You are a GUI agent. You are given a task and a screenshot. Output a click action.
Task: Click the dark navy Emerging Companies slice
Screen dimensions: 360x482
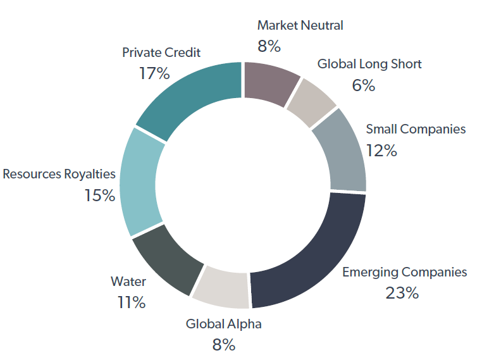coord(310,253)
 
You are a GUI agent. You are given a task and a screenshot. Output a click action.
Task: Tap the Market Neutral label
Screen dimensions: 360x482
coord(300,26)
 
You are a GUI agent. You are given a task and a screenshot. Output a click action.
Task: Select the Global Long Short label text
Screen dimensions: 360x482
coord(369,64)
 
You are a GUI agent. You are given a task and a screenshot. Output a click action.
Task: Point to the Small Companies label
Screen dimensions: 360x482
coord(416,129)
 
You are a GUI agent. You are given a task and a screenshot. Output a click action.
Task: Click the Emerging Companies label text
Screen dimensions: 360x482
coord(404,272)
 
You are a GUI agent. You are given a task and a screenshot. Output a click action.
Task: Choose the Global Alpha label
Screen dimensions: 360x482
coord(223,325)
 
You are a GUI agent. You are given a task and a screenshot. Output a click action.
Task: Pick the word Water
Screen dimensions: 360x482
coord(128,282)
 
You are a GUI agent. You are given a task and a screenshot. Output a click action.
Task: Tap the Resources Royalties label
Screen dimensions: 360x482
coord(59,173)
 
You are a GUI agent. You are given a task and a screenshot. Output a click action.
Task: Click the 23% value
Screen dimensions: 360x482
coord(402,293)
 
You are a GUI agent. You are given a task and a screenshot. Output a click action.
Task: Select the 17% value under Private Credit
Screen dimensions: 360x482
coord(154,73)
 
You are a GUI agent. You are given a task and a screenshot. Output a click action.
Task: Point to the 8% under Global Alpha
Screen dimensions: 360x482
coord(223,345)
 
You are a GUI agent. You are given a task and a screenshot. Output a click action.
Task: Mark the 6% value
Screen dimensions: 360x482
coord(363,85)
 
